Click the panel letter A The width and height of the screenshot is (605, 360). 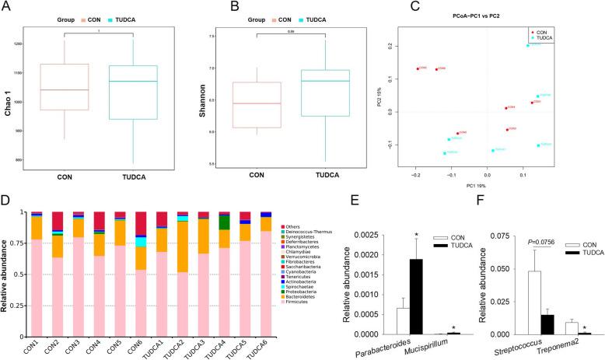click(x=7, y=7)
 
